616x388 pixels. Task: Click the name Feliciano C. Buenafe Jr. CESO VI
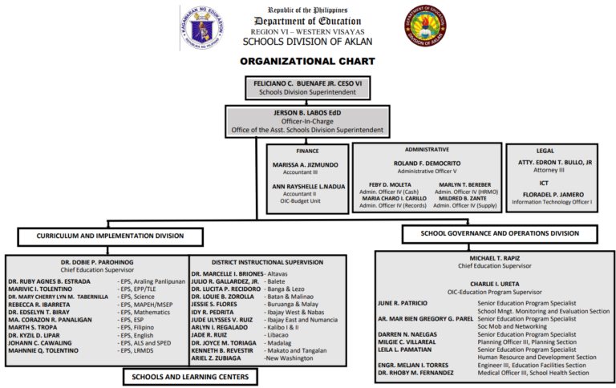pos(305,83)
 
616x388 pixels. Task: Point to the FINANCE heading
pos(309,150)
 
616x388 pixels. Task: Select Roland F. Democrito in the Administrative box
pos(428,164)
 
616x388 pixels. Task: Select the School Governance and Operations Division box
pos(500,233)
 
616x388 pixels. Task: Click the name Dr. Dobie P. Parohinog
pos(95,262)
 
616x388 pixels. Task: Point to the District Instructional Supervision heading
pos(267,262)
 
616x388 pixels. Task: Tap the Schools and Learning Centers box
pos(180,376)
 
